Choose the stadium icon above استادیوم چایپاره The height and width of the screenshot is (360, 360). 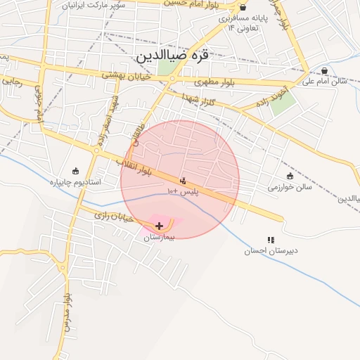[x=76, y=171]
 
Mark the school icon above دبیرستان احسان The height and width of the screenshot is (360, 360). [x=271, y=240]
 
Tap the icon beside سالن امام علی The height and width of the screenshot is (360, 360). [x=324, y=70]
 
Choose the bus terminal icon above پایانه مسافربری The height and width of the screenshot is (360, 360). [x=243, y=7]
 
